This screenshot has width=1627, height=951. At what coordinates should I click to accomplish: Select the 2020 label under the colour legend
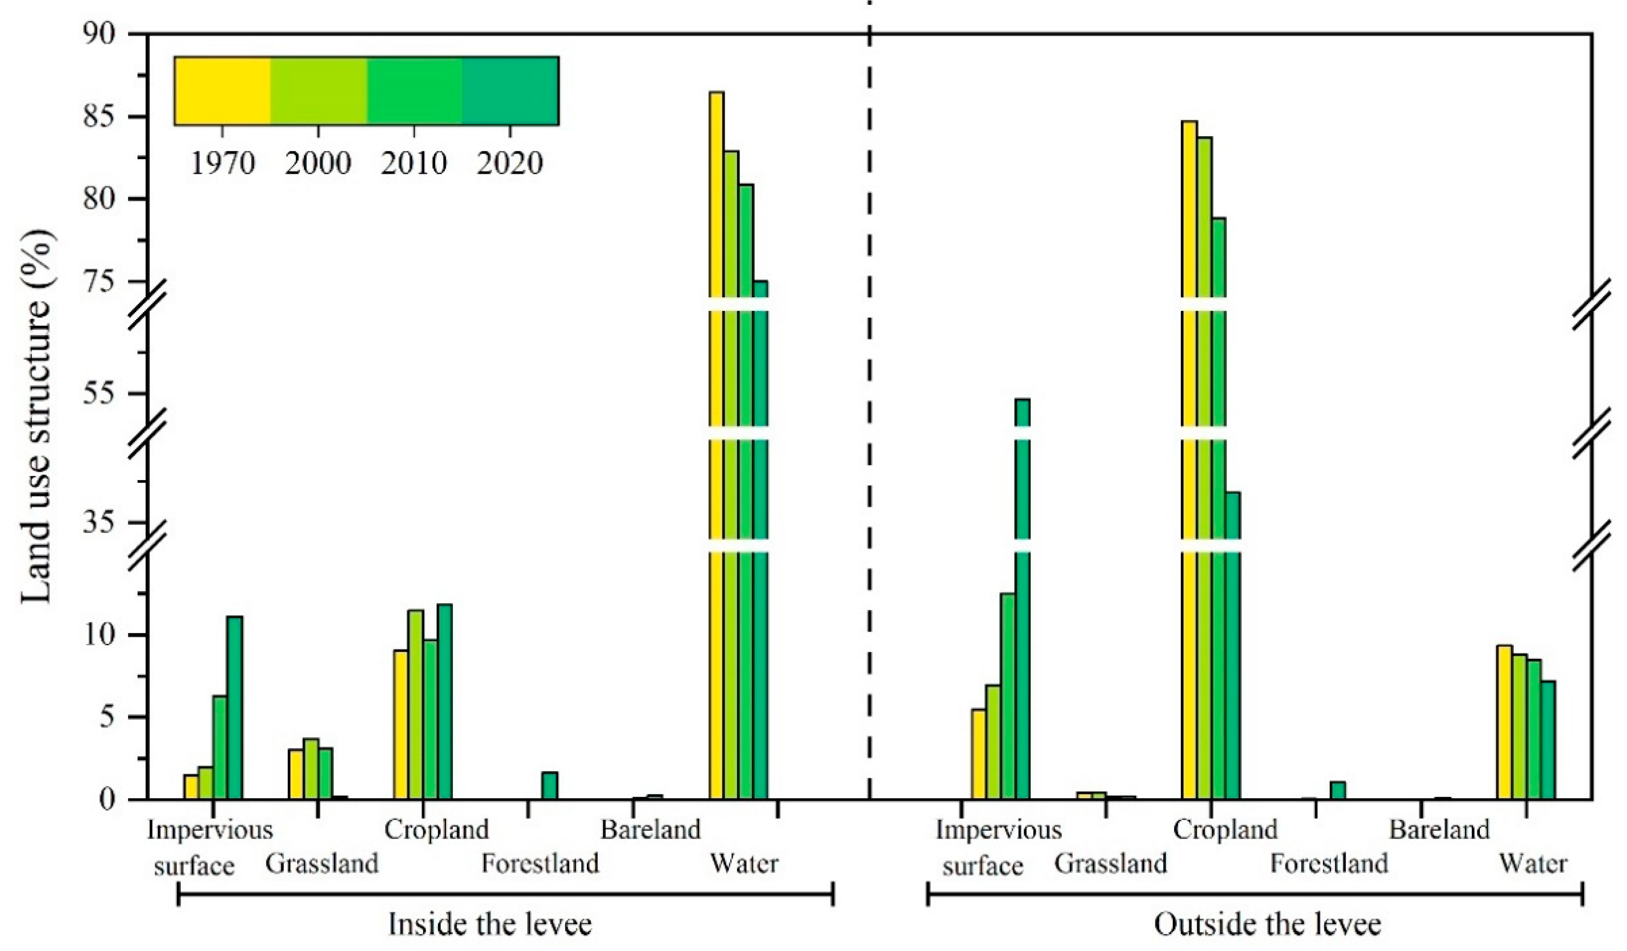[510, 163]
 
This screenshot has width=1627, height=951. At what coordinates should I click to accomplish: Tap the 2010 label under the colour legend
[414, 163]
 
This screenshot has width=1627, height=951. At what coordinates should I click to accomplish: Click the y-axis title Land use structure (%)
[37, 416]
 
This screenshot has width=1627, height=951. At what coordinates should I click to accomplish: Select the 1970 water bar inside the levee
[716, 452]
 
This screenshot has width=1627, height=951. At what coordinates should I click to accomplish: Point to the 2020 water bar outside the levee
[1547, 739]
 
